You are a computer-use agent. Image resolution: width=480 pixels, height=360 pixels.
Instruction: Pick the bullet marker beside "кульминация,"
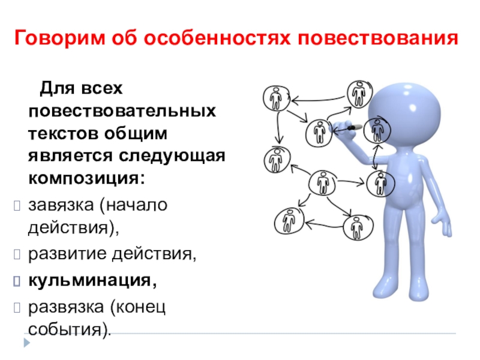(x=17, y=280)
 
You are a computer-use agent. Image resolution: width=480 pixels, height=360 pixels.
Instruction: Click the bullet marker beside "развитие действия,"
(x=17, y=256)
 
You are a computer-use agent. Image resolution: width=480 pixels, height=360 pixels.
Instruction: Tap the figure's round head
(x=400, y=108)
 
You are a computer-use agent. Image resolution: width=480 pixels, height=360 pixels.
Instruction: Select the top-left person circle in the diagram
(x=276, y=98)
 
